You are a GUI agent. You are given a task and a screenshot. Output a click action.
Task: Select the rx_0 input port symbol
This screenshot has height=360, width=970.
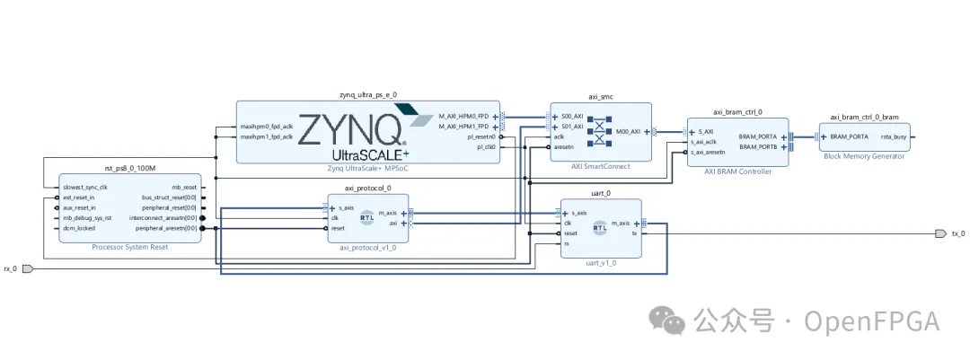click(x=28, y=268)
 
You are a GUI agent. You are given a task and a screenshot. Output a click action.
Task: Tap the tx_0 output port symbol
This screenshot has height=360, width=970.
click(x=939, y=233)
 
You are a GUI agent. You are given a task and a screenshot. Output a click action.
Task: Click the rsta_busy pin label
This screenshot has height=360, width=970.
click(x=893, y=136)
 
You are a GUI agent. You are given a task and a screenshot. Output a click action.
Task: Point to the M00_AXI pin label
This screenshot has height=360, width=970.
click(x=628, y=132)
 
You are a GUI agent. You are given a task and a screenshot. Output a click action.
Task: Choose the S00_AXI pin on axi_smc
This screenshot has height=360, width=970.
click(x=572, y=116)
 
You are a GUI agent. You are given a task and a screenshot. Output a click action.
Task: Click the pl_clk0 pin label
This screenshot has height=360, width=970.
click(x=486, y=147)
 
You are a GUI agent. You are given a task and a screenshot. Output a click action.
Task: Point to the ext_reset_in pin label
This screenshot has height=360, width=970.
click(x=79, y=198)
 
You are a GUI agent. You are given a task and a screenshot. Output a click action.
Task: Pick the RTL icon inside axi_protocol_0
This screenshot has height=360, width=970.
click(x=366, y=217)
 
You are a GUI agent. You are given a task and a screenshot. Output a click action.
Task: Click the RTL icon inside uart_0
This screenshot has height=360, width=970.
click(x=599, y=228)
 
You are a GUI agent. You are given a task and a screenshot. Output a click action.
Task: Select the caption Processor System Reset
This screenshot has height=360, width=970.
click(x=129, y=246)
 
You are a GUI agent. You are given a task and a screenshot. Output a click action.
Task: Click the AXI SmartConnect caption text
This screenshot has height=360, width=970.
click(x=600, y=166)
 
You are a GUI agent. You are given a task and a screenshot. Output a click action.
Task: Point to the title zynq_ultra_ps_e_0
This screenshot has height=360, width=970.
click(x=367, y=94)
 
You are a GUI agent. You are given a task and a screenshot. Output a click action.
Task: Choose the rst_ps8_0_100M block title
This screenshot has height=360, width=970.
click(x=129, y=168)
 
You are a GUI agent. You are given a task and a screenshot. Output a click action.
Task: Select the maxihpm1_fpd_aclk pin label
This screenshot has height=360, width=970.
click(x=267, y=136)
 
